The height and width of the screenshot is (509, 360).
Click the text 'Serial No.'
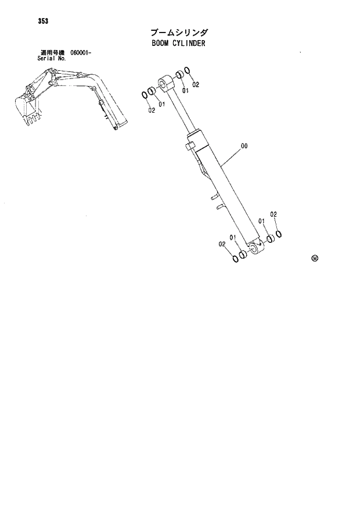pyautogui.click(x=51, y=59)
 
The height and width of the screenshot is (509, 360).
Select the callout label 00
pyautogui.click(x=244, y=146)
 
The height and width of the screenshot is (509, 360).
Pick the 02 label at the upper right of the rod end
pyautogui.click(x=196, y=85)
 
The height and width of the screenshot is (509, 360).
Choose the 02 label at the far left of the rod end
pyautogui.click(x=151, y=110)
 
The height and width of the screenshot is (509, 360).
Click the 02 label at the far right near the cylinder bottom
pyautogui.click(x=273, y=214)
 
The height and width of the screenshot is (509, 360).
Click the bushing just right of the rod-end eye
pyautogui.click(x=179, y=76)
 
